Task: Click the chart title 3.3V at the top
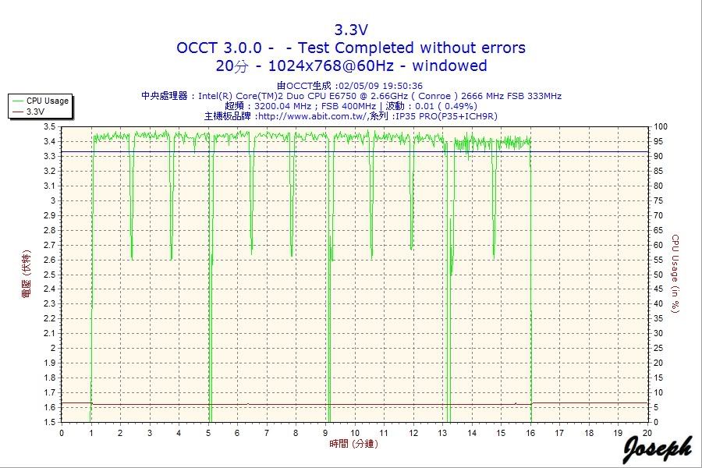click(x=351, y=30)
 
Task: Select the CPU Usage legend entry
click(x=47, y=101)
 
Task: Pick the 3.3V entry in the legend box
click(x=35, y=112)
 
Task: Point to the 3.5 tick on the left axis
click(x=49, y=126)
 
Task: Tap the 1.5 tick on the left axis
click(x=49, y=422)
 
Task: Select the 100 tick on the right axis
click(x=661, y=126)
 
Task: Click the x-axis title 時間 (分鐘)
click(x=354, y=444)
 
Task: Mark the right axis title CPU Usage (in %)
click(x=676, y=273)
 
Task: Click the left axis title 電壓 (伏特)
click(x=26, y=273)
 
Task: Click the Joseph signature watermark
click(x=657, y=448)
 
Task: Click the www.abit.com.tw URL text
click(x=310, y=116)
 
